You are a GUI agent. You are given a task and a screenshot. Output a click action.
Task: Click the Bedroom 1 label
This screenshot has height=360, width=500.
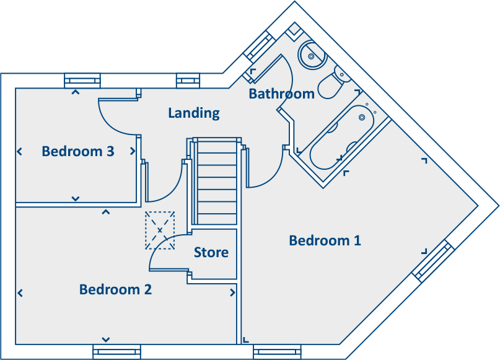tap(325, 240)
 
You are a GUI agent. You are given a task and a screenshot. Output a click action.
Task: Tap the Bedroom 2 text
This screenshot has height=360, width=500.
tap(115, 289)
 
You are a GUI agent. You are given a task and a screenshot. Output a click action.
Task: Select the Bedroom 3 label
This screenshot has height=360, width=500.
tap(78, 151)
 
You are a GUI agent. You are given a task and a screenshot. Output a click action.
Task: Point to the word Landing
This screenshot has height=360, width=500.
tap(194, 113)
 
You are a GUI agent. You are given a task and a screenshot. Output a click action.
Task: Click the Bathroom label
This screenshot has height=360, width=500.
tap(281, 94)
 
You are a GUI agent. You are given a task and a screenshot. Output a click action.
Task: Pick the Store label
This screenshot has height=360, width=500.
tap(211, 253)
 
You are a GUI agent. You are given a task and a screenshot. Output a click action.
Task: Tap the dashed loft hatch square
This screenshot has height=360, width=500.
tap(160, 230)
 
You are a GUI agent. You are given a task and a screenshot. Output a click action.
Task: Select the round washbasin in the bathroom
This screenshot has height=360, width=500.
tap(311, 56)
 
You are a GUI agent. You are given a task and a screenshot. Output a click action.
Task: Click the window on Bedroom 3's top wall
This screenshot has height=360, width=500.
tap(82, 81)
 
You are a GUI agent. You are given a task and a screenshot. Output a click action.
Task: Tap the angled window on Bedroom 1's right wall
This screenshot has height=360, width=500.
tap(433, 260)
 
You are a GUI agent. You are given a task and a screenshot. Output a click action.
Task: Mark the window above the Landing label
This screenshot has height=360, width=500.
tap(188, 81)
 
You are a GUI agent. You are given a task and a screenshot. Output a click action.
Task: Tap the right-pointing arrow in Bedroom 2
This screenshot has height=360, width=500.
tap(232, 292)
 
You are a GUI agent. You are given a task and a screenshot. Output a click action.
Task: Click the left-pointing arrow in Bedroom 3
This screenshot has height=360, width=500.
tap(20, 151)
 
